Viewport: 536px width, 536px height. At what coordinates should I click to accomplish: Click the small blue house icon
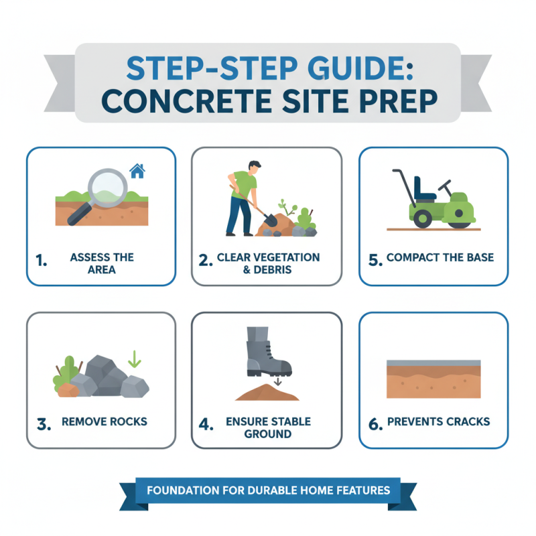(x=137, y=171)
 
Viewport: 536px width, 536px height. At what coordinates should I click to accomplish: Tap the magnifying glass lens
(x=107, y=186)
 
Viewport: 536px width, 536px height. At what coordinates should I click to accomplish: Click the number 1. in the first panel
(x=42, y=261)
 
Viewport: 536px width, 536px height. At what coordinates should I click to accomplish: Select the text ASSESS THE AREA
(x=102, y=263)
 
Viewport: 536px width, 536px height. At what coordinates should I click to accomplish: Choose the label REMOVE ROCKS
(x=104, y=422)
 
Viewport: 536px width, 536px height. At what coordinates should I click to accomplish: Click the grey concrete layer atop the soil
(x=433, y=363)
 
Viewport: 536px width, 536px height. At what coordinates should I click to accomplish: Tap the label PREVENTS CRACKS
(x=438, y=422)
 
